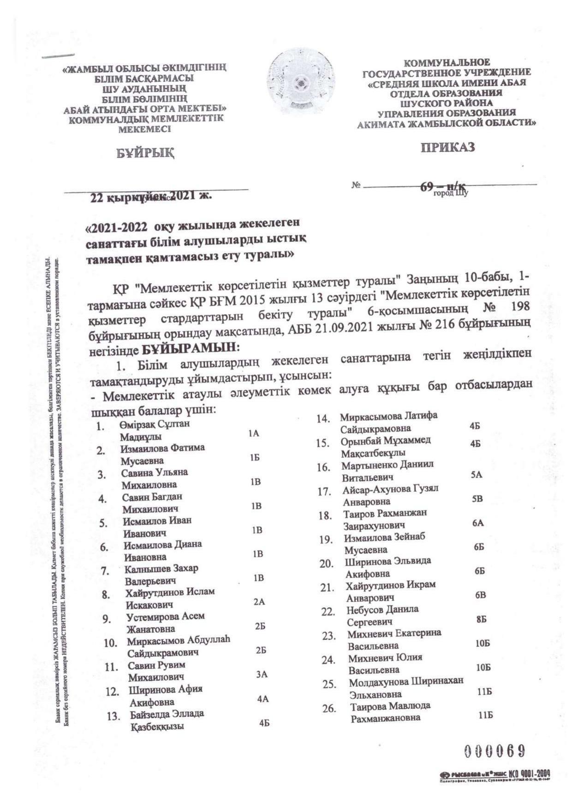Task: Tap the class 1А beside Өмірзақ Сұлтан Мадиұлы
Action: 253,433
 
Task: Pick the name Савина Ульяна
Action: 154,473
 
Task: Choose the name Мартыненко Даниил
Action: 387,465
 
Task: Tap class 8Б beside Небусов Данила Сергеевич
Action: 481,620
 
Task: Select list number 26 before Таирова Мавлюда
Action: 328,709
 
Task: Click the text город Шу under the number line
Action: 450,194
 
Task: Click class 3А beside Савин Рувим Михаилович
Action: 262,675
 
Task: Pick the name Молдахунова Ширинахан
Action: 406,682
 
